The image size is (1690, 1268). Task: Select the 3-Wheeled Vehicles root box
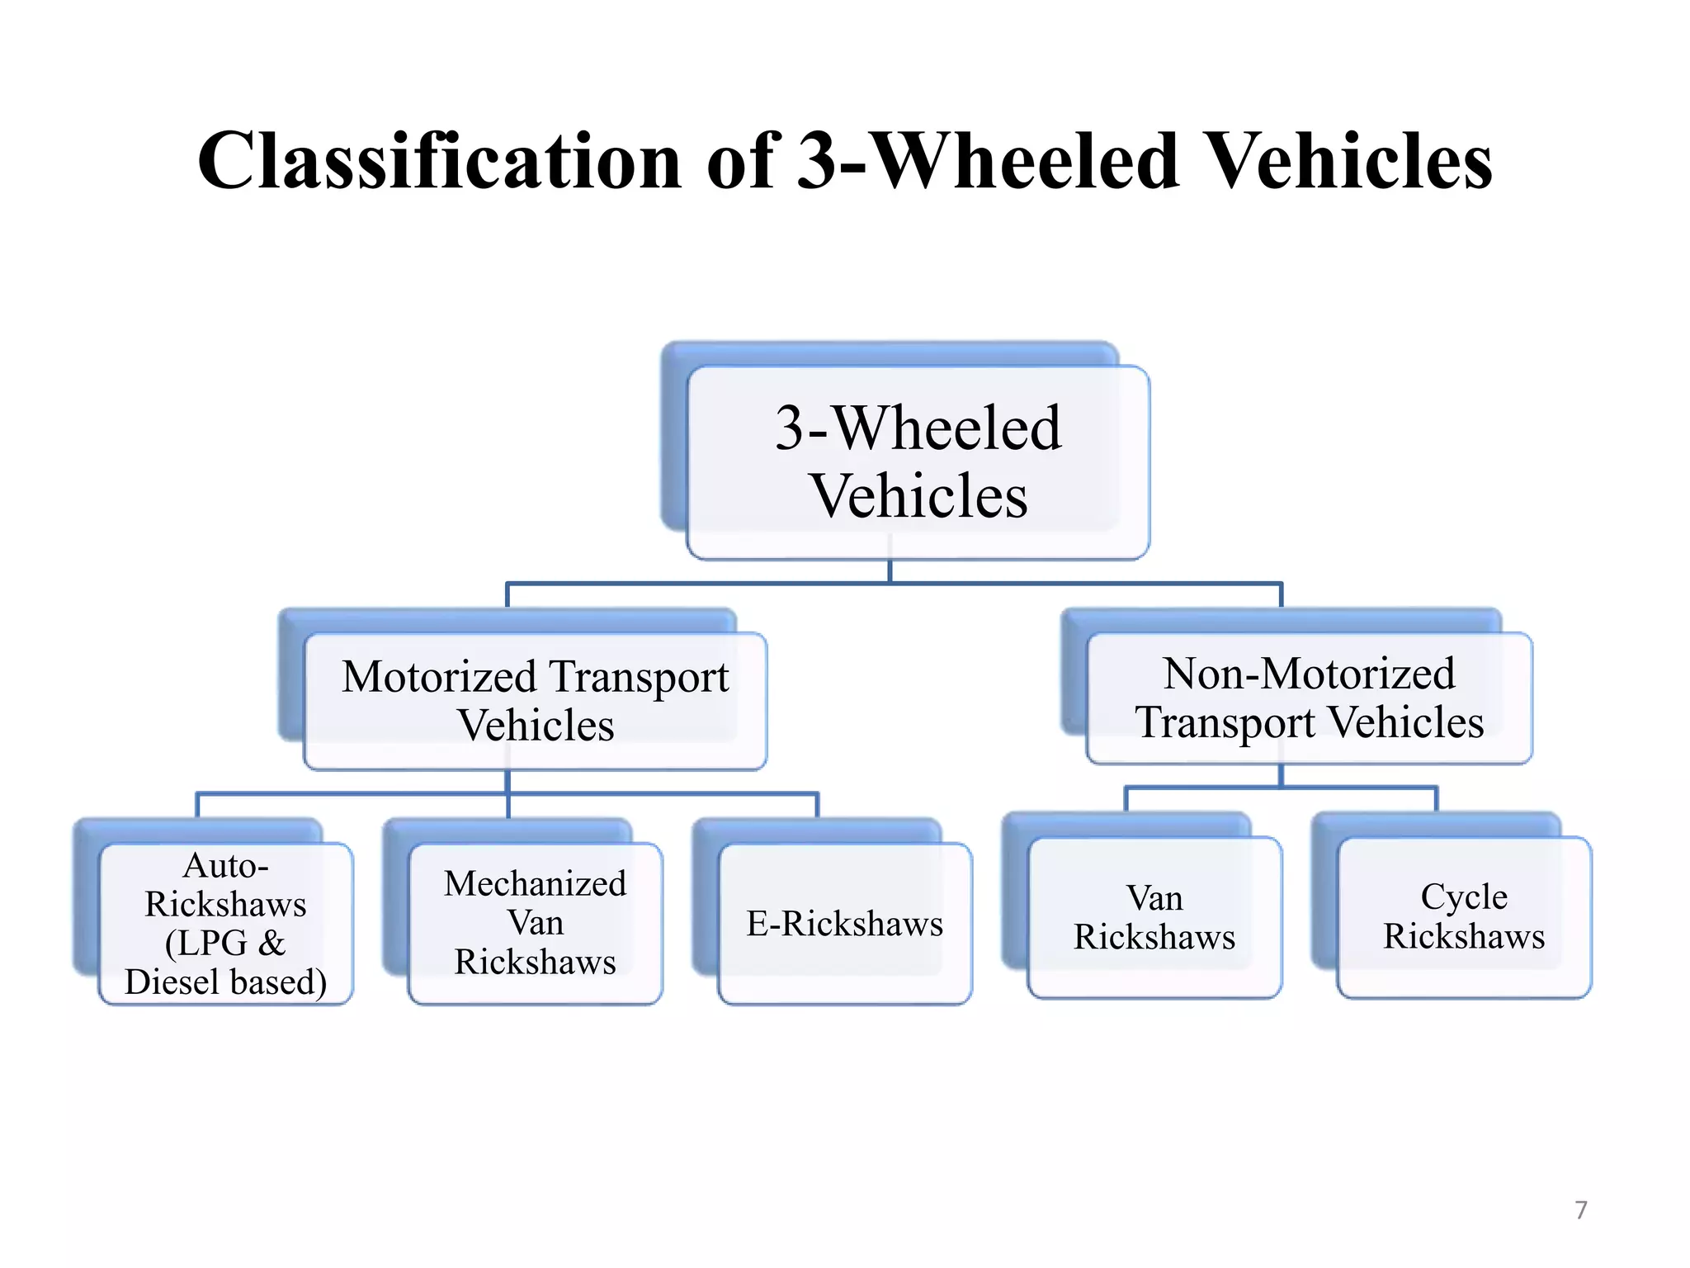coord(918,462)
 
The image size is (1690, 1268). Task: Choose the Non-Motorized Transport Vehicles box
coord(1309,698)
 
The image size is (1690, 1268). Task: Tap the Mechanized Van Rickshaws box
coord(535,923)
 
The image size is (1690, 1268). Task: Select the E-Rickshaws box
coord(844,923)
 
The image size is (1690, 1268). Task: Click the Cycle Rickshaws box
coord(1464,916)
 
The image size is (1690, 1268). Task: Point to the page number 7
coord(1580,1210)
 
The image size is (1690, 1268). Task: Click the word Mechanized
coord(535,883)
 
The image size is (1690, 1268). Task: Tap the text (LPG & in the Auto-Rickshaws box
coord(225,943)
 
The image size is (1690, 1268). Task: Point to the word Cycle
coord(1464,897)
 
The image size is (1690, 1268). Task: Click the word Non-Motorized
coord(1309,674)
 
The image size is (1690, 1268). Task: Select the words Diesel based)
coord(225,982)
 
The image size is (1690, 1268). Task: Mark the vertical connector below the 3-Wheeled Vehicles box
coord(890,571)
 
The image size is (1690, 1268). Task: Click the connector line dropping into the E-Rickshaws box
coord(817,805)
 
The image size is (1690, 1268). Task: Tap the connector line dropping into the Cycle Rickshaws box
coord(1437,798)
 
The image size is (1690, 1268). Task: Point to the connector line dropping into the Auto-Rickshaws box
coord(197,805)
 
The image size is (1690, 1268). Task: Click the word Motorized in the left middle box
coord(439,677)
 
